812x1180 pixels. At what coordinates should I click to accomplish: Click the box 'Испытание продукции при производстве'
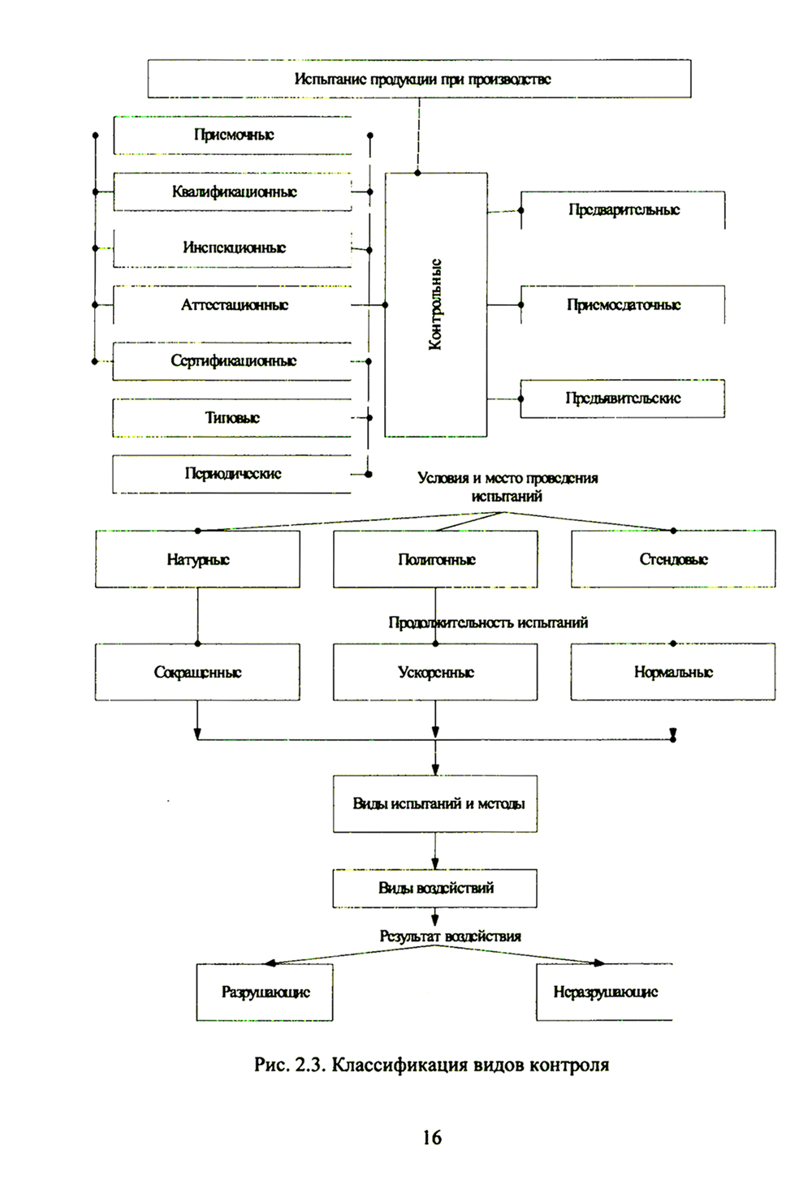coord(419,79)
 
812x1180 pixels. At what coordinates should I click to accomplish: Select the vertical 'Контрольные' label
coord(436,304)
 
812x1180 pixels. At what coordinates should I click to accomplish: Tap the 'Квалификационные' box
coord(233,192)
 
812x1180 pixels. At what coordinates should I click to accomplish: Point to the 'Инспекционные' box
coord(233,248)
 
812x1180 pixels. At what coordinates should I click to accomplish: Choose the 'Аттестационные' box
coord(233,305)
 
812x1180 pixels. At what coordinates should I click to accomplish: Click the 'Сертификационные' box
coord(233,361)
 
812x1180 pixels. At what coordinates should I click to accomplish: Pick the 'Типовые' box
coord(232,418)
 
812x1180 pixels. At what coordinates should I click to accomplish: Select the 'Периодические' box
coord(232,474)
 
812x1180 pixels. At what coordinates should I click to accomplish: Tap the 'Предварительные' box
coord(623,210)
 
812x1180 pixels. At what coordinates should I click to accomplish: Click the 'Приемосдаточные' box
coord(623,305)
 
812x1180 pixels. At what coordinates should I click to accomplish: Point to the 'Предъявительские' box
coord(623,398)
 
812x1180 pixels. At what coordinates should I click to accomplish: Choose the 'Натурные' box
coord(197,559)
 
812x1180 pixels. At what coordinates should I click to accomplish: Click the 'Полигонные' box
coord(436,559)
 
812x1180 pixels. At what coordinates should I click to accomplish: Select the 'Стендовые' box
coord(673,559)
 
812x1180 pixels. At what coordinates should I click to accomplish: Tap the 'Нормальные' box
coord(673,672)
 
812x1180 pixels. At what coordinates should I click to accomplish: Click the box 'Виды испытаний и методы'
coord(436,803)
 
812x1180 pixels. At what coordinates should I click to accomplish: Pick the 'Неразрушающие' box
coord(605,992)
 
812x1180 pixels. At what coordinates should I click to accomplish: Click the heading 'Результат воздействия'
coord(450,937)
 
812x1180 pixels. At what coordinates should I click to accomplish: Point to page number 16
coord(432,1138)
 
